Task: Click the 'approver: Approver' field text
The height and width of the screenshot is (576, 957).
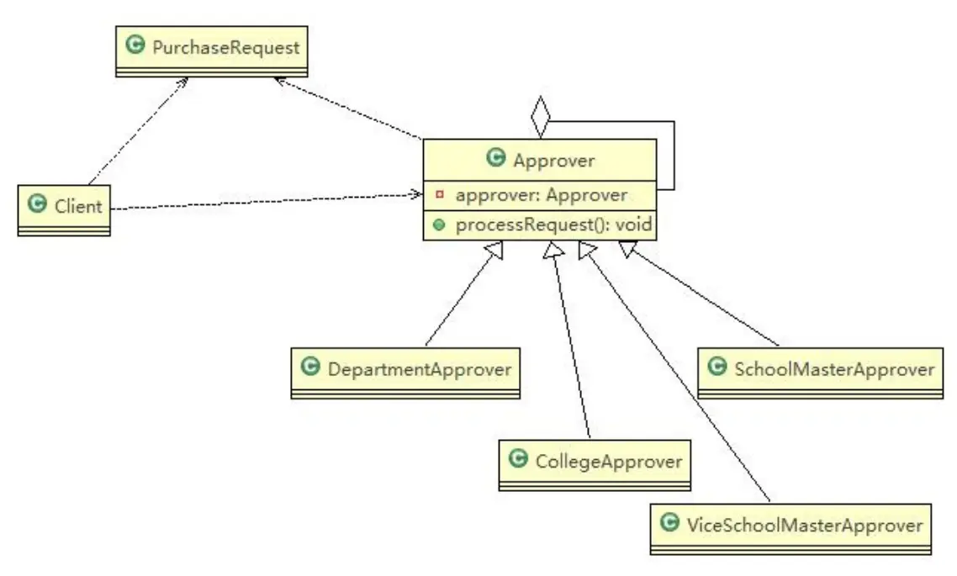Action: [541, 195]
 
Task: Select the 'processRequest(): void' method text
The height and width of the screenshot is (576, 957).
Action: [554, 225]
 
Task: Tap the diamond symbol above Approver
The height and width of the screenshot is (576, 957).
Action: [540, 119]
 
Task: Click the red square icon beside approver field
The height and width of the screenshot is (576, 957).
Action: [439, 195]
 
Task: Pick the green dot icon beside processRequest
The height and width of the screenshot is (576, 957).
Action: [439, 225]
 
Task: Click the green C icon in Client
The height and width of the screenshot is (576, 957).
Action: [36, 203]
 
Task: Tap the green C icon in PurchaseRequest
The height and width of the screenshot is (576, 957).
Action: [134, 46]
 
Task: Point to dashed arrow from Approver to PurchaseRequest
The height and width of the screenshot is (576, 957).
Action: [349, 108]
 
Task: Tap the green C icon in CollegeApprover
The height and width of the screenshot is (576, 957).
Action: [518, 459]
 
